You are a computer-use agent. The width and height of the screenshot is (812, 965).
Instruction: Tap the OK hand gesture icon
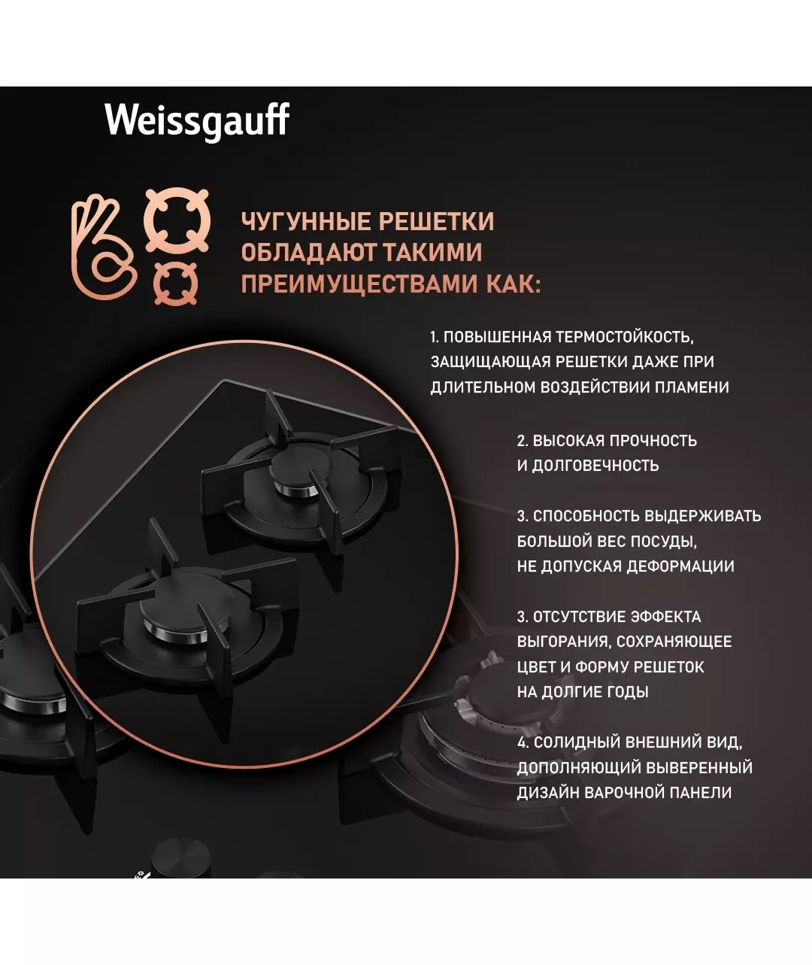click(102, 247)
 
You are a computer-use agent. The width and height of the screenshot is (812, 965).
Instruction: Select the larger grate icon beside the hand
click(177, 220)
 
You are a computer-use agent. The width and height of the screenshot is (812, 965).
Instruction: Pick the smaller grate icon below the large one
click(176, 284)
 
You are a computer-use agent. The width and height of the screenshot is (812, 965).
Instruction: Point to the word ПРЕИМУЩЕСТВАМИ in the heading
click(359, 284)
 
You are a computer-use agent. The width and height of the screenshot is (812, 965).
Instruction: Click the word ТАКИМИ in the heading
click(433, 252)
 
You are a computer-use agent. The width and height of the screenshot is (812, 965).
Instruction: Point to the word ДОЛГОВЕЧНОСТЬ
click(595, 466)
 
